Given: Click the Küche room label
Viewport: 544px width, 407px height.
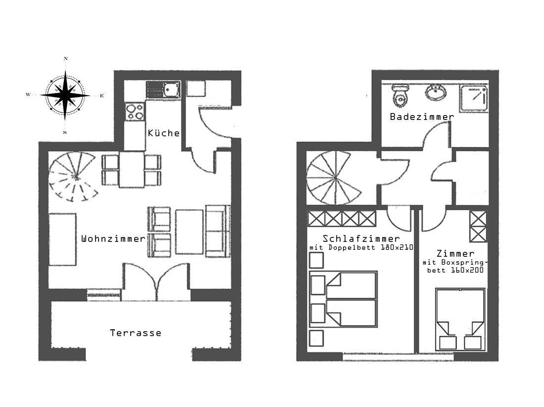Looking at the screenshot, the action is pos(164,133).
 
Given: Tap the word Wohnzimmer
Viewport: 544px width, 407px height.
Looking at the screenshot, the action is pos(113,238).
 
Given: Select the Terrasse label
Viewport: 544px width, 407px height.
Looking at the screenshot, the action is pos(136,333).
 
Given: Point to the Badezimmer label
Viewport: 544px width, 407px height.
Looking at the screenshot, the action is pos(422,116).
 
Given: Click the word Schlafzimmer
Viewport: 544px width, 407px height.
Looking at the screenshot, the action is pos(361,238).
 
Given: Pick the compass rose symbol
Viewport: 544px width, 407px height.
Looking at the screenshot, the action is pos(65,95).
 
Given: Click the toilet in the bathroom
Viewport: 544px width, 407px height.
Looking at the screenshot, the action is pos(400,95).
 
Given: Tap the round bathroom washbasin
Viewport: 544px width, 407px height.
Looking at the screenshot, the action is pos(436,92).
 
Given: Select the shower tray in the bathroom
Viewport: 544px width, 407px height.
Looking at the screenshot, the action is pos(474,98).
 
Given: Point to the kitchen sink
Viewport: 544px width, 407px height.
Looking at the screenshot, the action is pos(163,89).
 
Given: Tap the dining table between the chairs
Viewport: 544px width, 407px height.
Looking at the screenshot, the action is pos(132,170).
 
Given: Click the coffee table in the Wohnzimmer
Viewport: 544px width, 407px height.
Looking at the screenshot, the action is pos(189,232).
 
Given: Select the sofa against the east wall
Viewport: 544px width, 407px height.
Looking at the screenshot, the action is pos(218,231).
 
